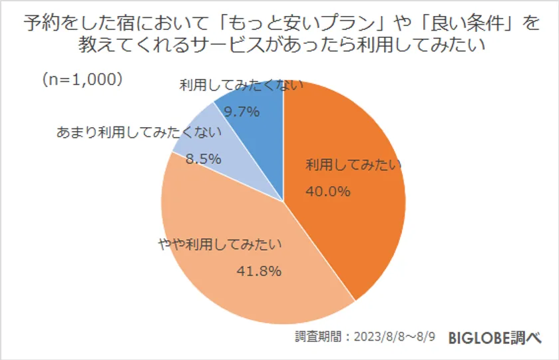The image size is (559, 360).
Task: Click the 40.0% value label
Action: (327, 192)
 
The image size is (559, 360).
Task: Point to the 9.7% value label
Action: (241, 112)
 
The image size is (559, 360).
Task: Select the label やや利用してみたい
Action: (220, 244)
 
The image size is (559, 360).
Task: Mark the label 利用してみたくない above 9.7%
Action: (242, 85)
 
